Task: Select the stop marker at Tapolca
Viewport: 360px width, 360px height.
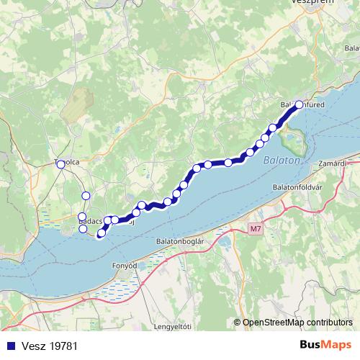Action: [60, 164]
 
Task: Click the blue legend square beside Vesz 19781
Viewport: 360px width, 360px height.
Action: [9, 346]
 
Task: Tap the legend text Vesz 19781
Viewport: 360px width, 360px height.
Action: [50, 346]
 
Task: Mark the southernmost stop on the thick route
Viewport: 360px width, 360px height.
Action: [101, 233]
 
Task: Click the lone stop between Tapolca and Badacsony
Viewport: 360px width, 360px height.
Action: [86, 195]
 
